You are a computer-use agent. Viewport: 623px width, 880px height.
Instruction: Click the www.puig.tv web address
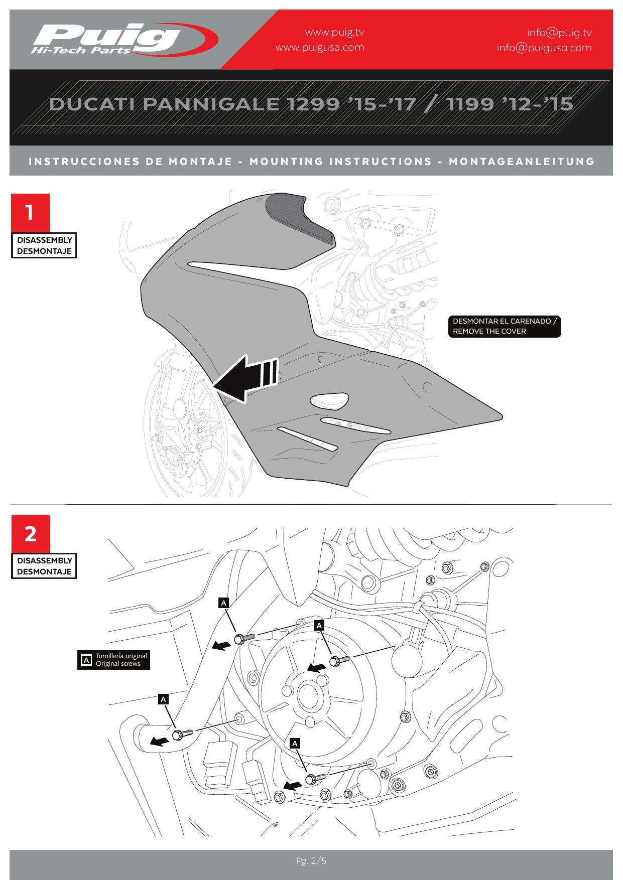[334, 33]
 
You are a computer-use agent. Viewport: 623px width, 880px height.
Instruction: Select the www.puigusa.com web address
[320, 48]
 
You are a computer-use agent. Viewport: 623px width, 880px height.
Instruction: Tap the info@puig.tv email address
[559, 33]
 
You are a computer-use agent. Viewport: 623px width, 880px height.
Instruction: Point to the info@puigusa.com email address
[544, 48]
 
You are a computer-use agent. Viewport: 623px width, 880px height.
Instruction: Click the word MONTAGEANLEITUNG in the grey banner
[522, 162]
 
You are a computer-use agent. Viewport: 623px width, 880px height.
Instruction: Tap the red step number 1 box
[30, 212]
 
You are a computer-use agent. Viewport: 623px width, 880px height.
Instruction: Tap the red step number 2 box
[31, 533]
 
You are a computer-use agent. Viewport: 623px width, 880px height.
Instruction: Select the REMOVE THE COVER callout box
[504, 326]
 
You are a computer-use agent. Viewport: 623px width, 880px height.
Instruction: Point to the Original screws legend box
[114, 660]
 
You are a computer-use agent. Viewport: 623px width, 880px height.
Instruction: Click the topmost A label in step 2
[224, 603]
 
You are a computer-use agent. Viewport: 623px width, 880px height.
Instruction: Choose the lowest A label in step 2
[295, 744]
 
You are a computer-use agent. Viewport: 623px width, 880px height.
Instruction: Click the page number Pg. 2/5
[311, 861]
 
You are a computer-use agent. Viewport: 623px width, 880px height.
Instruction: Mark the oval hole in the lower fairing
[329, 400]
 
